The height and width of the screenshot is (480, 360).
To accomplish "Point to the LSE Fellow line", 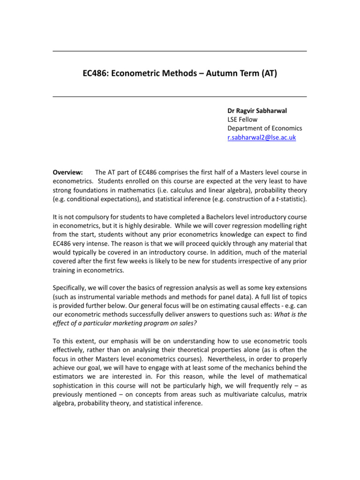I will point(242,120).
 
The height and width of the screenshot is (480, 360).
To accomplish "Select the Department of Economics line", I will point(265,128).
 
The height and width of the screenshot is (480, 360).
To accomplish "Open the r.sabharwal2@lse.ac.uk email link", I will point(262,137).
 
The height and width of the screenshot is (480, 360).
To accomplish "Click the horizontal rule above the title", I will point(180,51).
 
